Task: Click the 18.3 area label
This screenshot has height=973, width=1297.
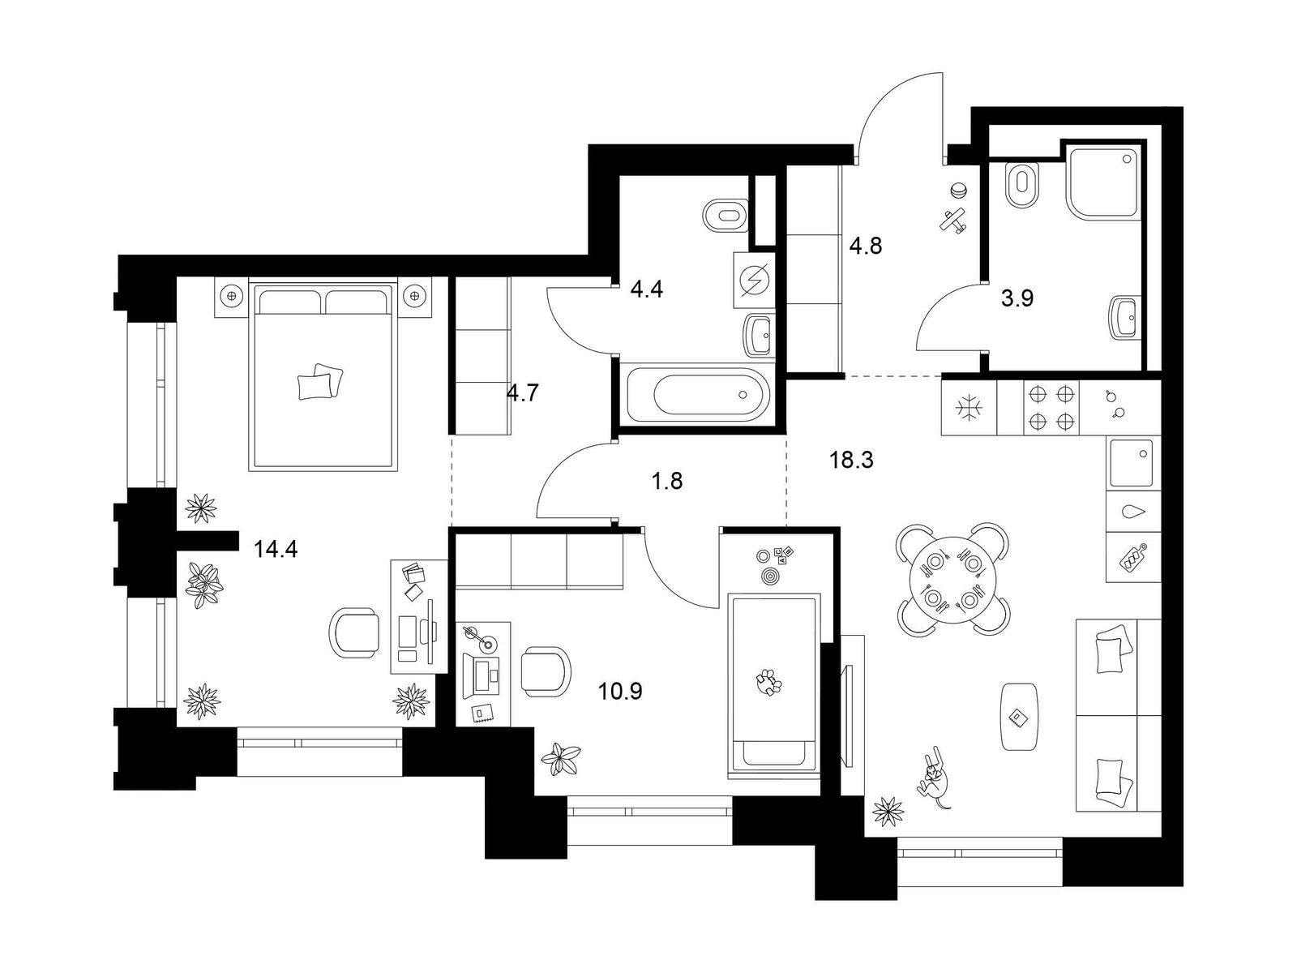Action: pyautogui.click(x=851, y=459)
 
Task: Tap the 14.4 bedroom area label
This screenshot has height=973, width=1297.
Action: pyautogui.click(x=276, y=550)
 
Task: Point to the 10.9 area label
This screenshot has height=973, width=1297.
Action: pyautogui.click(x=620, y=691)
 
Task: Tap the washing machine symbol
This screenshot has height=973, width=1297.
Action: pyautogui.click(x=754, y=280)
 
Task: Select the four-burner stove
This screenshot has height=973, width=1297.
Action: pyautogui.click(x=1051, y=408)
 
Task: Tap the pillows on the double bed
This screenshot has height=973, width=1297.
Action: pyautogui.click(x=320, y=381)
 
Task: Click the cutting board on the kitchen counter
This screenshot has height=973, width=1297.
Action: pyautogui.click(x=1130, y=557)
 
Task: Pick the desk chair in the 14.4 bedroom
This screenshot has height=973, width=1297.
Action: pyautogui.click(x=353, y=632)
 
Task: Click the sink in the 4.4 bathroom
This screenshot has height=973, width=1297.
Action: pyautogui.click(x=760, y=336)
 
